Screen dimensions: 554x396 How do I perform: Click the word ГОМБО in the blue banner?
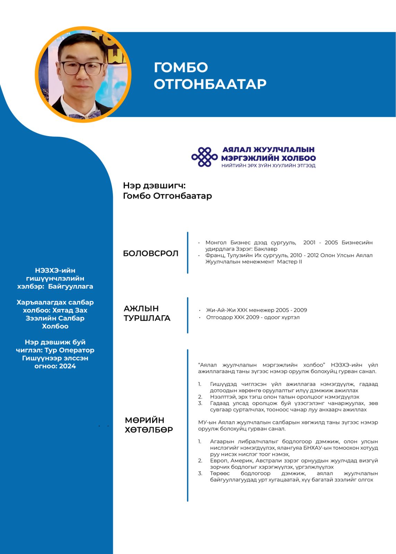click(x=181, y=68)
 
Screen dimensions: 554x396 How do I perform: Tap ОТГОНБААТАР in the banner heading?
click(x=210, y=84)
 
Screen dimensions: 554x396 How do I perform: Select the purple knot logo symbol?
click(x=205, y=157)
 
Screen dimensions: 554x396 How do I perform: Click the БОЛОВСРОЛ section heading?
click(x=150, y=253)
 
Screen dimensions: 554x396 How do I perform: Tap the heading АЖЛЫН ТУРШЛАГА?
click(x=147, y=313)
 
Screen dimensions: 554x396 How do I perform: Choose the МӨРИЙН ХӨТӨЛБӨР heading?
click(x=149, y=425)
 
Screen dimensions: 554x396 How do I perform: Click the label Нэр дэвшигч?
click(x=154, y=186)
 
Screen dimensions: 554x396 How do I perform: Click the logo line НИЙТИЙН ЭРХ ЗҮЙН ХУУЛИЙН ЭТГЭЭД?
click(x=268, y=166)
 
